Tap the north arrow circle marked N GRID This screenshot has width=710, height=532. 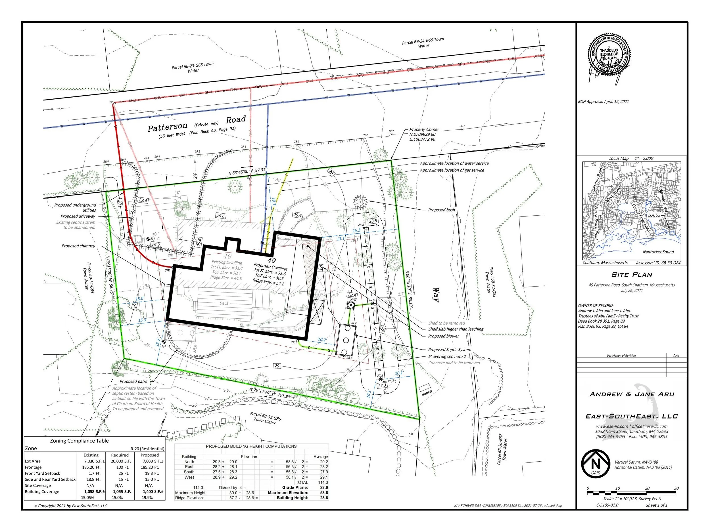(596, 463)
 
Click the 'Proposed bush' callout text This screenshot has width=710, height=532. (441, 210)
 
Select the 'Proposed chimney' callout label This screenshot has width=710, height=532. (78, 246)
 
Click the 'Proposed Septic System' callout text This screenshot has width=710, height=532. (449, 350)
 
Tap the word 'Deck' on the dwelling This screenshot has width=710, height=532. (224, 303)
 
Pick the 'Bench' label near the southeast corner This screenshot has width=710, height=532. (427, 393)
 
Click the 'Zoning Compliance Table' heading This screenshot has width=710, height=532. (79, 441)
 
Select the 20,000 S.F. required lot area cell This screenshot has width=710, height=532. (120, 461)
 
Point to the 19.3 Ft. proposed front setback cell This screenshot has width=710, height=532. (150, 473)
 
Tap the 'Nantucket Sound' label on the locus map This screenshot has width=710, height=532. (658, 252)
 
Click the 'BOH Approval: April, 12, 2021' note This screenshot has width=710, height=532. (603, 102)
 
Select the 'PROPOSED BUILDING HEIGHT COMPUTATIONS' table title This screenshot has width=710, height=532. (251, 446)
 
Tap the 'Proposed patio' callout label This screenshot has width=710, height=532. (133, 381)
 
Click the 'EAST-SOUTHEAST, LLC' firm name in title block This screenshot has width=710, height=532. (632, 416)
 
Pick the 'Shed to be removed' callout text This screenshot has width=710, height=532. (446, 323)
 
